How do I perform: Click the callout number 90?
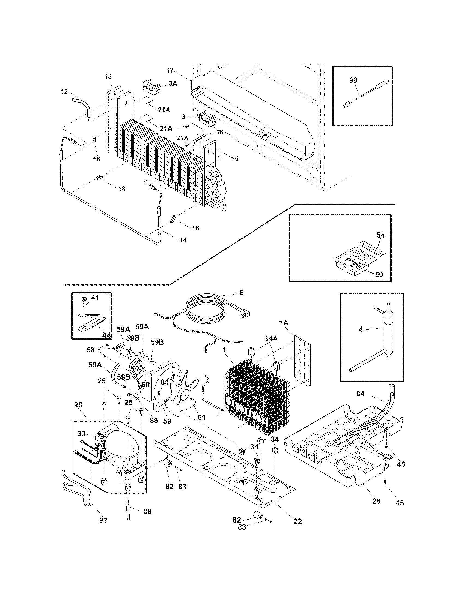353,80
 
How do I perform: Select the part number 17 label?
170,70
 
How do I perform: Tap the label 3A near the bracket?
172,83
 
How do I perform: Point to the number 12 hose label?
64,91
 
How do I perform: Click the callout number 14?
183,240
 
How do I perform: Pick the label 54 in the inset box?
381,235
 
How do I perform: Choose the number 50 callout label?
379,274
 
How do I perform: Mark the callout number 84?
360,394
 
